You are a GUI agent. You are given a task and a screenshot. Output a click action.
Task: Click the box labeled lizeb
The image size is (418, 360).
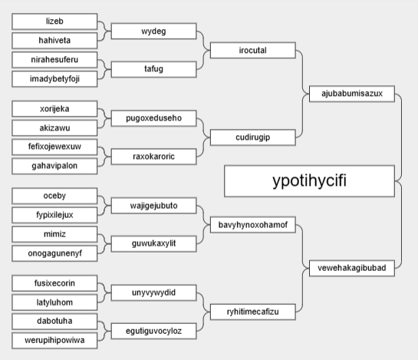[x=54, y=21]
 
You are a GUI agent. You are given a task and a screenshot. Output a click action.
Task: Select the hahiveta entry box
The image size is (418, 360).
[x=54, y=41]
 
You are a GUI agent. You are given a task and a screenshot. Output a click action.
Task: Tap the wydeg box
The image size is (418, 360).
[x=154, y=31]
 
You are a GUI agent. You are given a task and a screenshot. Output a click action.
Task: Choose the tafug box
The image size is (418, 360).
[x=154, y=69]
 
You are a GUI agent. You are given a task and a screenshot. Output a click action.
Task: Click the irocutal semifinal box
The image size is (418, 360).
[x=253, y=50]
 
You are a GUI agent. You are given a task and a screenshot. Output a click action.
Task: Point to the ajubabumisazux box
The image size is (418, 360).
[x=352, y=94]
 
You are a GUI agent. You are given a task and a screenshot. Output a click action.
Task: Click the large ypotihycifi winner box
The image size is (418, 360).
[x=310, y=181]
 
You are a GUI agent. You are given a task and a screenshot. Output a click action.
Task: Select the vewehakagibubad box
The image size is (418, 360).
[x=352, y=268]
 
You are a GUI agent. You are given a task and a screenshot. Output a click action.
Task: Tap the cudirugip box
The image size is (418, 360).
[x=253, y=137]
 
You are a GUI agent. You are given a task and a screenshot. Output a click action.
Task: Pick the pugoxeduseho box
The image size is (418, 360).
[x=154, y=118]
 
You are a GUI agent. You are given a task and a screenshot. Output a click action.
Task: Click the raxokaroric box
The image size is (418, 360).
[x=154, y=157]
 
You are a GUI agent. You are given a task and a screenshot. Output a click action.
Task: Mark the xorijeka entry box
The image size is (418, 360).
[x=54, y=109]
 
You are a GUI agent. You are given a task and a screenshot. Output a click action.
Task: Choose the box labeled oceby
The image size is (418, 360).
[x=54, y=196]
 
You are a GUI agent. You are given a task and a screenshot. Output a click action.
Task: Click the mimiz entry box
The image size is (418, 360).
[x=54, y=234]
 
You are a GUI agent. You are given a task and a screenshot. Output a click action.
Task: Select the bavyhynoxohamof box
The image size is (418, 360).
[x=253, y=225]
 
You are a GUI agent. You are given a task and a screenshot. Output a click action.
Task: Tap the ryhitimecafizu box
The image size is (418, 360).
[x=253, y=312]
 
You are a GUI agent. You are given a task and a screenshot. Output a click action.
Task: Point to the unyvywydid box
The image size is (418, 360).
[x=154, y=292]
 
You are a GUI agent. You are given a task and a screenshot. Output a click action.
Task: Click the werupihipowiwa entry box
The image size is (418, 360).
[x=54, y=341]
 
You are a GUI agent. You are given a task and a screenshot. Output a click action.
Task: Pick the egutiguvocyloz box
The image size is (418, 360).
[x=154, y=331]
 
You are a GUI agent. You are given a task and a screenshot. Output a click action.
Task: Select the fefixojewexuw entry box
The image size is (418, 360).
[x=54, y=147]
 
